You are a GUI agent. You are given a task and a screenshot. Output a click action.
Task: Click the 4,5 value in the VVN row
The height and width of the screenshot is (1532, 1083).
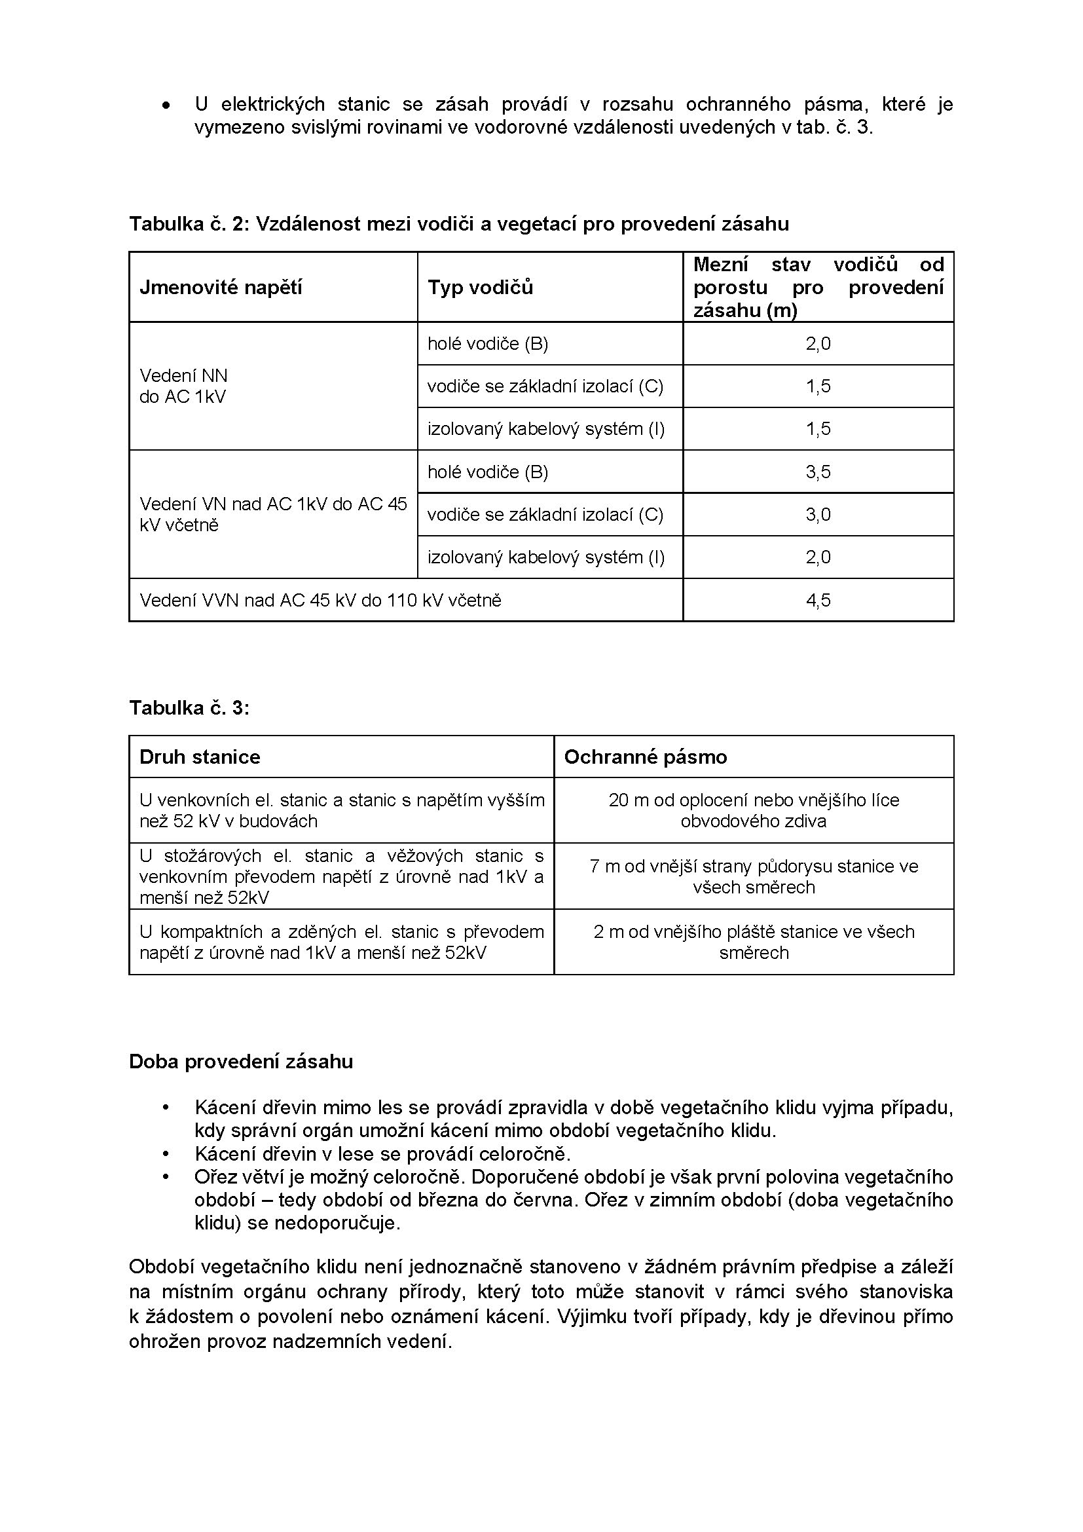tap(818, 600)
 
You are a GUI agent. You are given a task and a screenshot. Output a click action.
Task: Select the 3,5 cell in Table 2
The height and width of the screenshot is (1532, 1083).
tap(818, 472)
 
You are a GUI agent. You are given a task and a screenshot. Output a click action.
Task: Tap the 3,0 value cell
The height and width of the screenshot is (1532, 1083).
tap(818, 514)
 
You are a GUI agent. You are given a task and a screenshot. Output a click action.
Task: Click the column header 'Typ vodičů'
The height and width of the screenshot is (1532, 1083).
tap(480, 287)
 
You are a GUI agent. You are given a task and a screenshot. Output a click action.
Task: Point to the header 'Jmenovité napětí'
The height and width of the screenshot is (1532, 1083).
tap(221, 287)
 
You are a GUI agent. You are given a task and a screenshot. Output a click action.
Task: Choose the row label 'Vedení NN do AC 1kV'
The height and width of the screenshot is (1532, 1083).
tap(183, 386)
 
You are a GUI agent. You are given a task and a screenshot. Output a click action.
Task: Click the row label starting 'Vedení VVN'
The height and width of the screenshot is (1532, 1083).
tap(320, 600)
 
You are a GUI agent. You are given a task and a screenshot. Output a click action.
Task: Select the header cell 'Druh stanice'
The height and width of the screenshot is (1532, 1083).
tap(200, 757)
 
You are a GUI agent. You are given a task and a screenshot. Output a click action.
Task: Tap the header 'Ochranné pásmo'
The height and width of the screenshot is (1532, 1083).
tap(645, 757)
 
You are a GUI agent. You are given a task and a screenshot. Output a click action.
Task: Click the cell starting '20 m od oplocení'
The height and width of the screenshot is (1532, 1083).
tap(754, 810)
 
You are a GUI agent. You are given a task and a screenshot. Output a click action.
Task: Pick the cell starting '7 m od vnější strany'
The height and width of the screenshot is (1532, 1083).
tap(754, 876)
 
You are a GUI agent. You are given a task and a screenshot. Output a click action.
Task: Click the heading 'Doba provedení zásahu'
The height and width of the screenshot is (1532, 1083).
tap(241, 1062)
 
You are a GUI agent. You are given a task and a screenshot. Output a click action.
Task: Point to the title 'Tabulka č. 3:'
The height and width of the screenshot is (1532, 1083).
tap(189, 707)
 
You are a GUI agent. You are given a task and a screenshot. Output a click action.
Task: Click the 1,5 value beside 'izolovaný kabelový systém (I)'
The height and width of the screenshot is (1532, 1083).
tap(818, 428)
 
